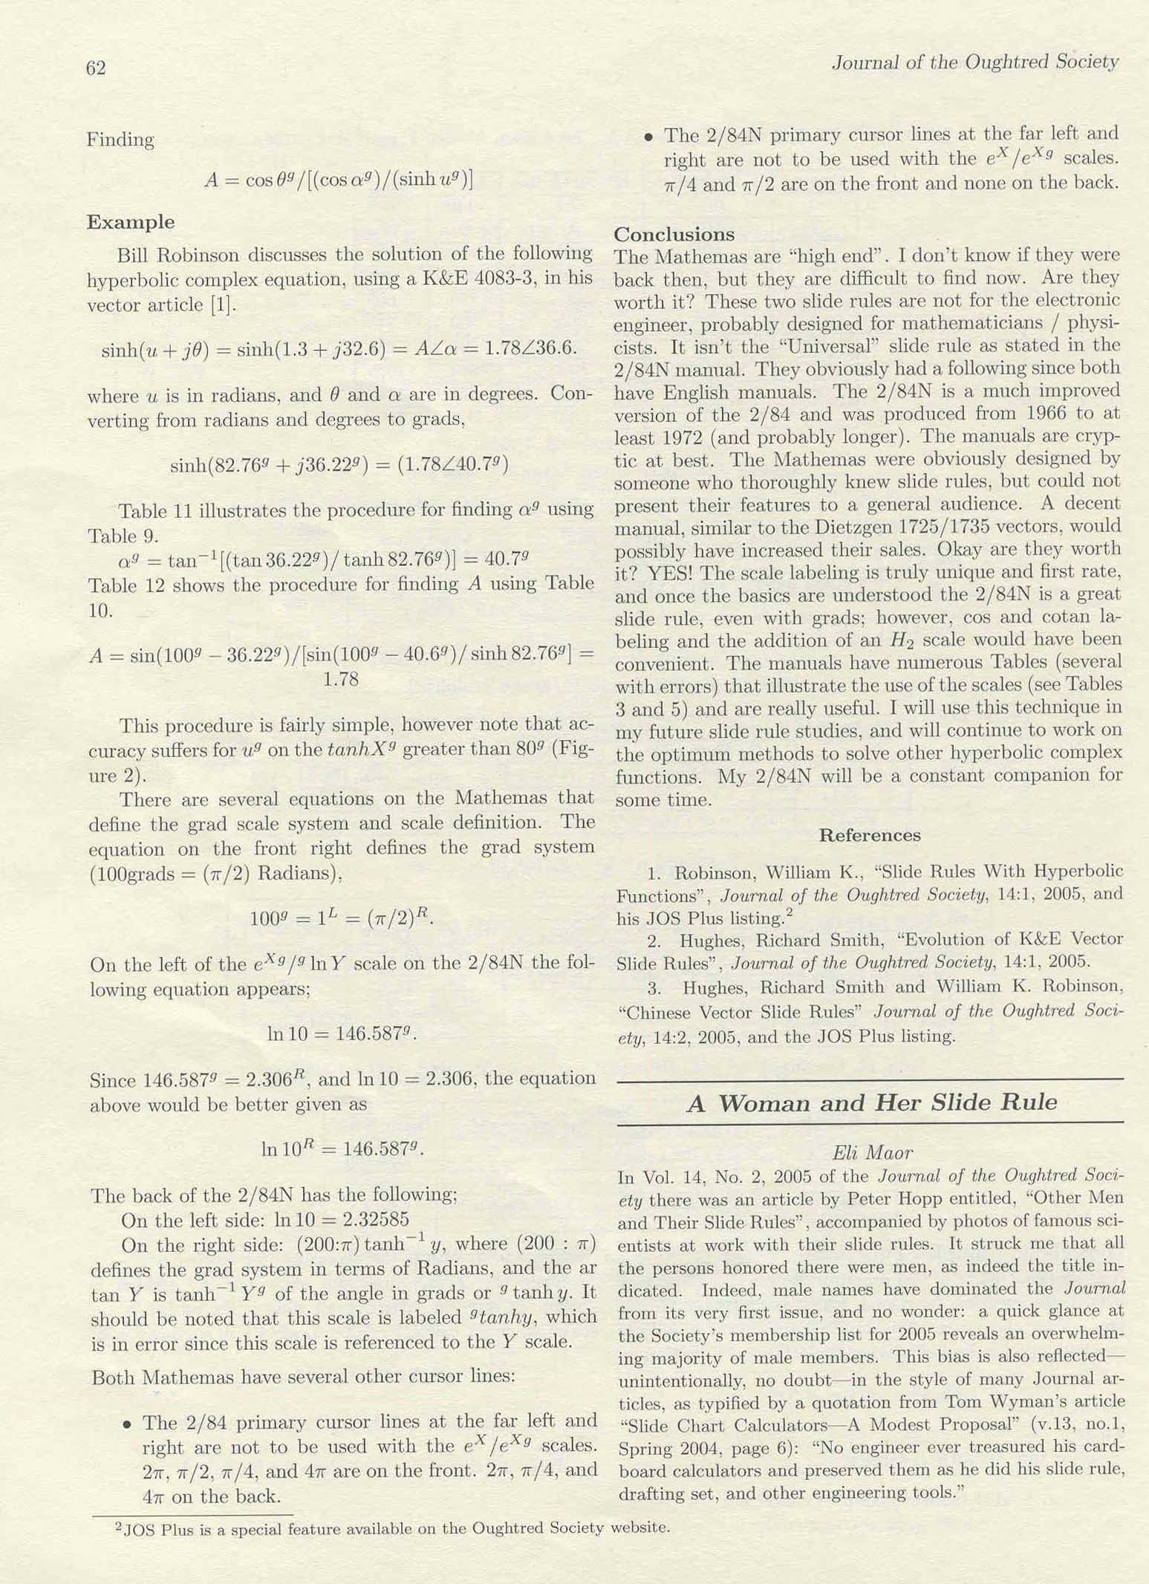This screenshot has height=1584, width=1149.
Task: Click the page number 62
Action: tap(96, 68)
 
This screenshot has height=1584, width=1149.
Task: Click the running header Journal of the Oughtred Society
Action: tap(974, 62)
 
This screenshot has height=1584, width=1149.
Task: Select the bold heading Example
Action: tap(131, 222)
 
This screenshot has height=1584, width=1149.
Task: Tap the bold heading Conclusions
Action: tap(674, 235)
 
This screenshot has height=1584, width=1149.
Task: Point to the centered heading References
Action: tap(869, 835)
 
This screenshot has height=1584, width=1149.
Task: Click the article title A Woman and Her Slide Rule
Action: tap(871, 1103)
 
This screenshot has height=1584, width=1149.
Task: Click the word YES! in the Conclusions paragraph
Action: tap(670, 573)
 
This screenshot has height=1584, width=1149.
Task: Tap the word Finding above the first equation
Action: tap(120, 140)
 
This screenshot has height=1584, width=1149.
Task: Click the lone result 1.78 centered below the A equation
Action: tap(341, 680)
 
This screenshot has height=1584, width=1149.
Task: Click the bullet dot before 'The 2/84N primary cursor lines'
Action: tap(648, 137)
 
